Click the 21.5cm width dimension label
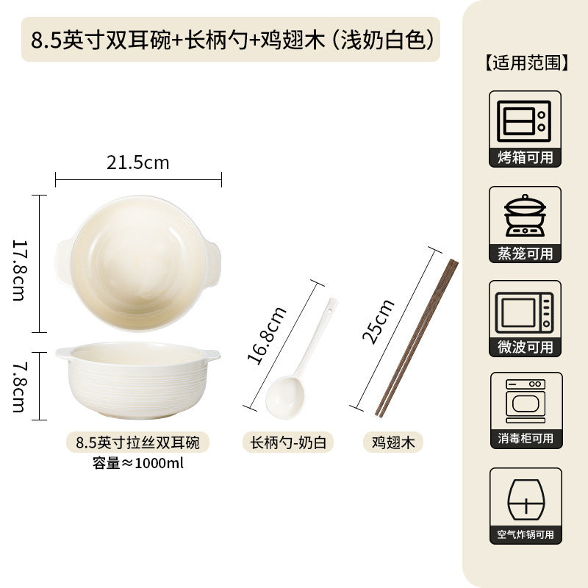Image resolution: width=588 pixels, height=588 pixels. pos(137,162)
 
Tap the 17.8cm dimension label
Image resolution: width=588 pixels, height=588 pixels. pos(19,270)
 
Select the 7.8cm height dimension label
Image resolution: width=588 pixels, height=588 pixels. pos(19,387)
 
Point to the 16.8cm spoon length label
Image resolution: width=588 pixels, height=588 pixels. pos(267,336)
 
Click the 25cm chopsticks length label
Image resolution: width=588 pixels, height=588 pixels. pos(378,321)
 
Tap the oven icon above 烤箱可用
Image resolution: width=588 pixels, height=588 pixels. pos(524,121)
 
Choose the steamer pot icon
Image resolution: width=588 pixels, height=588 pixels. pos(525,215)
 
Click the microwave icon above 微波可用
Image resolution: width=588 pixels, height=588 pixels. pos(524,313)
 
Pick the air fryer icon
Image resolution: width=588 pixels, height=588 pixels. pos(526,500)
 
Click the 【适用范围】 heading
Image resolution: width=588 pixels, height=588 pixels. pos(525,62)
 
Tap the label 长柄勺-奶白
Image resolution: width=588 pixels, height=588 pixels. pos(288,442)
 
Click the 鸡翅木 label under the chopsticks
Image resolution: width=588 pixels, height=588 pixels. pos(393,442)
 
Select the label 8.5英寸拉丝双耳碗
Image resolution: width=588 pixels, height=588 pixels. pos(137,442)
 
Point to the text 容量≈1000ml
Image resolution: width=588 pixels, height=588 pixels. pos(137,463)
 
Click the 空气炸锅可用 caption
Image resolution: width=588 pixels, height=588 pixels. pos(526,534)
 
